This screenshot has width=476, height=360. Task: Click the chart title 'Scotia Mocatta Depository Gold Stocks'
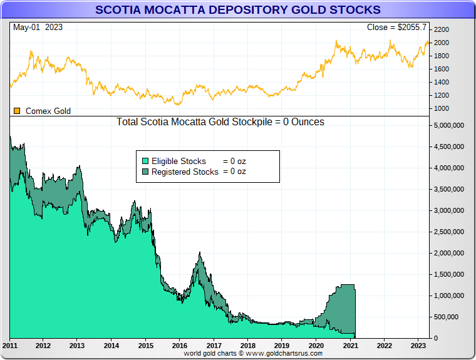pos(237,10)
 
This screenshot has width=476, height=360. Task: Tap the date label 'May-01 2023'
pos(38,28)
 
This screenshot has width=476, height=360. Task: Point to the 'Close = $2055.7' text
pos(396,28)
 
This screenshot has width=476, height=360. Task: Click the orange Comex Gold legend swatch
pos(17,111)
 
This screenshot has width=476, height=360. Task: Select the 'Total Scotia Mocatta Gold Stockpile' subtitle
pos(220,121)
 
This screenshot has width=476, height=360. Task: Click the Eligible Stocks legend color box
pos(145,161)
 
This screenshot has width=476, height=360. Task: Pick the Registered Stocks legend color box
pos(145,172)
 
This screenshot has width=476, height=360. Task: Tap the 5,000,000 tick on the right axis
pos(449,125)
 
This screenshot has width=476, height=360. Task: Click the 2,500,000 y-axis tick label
pos(449,232)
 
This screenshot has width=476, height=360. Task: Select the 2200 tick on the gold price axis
pos(442,29)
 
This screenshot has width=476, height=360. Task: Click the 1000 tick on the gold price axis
pos(442,108)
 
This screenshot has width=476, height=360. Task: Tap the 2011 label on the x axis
pos(9,345)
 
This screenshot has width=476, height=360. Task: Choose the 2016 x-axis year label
pos(180,345)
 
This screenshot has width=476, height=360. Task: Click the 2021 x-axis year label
pos(350,345)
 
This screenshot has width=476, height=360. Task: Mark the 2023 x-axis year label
pos(418,345)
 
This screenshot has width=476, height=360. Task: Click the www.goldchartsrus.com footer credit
pos(253,353)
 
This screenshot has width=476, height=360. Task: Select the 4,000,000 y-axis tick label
pos(449,168)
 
